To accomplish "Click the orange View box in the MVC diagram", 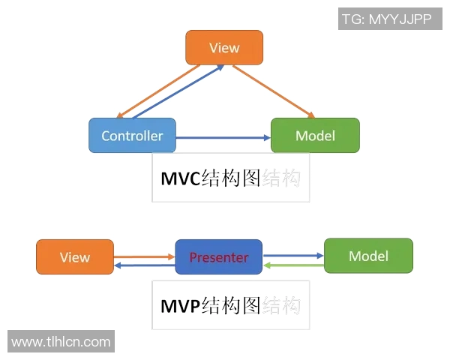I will pyautogui.click(x=224, y=47).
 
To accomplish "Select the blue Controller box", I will pyautogui.click(x=132, y=136).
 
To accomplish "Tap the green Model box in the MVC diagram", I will pyautogui.click(x=315, y=136).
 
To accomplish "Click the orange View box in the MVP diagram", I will pyautogui.click(x=75, y=257).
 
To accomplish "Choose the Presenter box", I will pyautogui.click(x=218, y=257).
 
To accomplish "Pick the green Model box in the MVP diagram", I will pyautogui.click(x=368, y=256).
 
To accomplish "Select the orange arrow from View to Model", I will pyautogui.click(x=274, y=91).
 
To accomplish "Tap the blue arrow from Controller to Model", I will pyautogui.click(x=223, y=137).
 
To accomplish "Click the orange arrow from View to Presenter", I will pyautogui.click(x=144, y=256).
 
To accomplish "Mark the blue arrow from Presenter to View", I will pyautogui.click(x=144, y=265).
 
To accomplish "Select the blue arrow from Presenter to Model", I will pyautogui.click(x=292, y=256).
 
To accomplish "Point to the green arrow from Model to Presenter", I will pyautogui.click(x=292, y=265).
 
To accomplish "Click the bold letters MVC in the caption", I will pyautogui.click(x=180, y=179).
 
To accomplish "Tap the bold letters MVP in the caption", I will pyautogui.click(x=180, y=306).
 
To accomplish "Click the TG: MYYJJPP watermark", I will pyautogui.click(x=386, y=19).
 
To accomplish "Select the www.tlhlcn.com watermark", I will pyautogui.click(x=61, y=342).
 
